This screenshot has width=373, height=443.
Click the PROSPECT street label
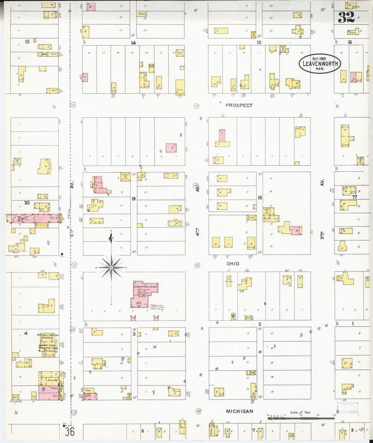pos(239,105)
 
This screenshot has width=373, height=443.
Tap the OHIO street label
pos(233,264)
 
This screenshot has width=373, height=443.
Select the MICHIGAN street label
pos(240,411)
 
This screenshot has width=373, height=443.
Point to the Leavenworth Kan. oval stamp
pos(320,64)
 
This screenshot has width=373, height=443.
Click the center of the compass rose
pos(111,268)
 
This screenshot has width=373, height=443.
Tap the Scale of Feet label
pos(301,412)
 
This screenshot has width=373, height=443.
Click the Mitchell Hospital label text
pos(48,336)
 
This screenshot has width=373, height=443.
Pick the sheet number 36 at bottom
pos(70,432)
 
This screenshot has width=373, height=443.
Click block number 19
pos(133,199)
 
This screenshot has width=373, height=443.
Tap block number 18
pos(260,198)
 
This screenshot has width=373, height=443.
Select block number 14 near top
pos(133,43)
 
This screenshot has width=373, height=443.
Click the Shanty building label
pos(142,14)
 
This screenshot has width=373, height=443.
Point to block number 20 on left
pos(27,203)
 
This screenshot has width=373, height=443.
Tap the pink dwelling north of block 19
pos(171,148)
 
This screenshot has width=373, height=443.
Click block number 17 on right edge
pos(355,197)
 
